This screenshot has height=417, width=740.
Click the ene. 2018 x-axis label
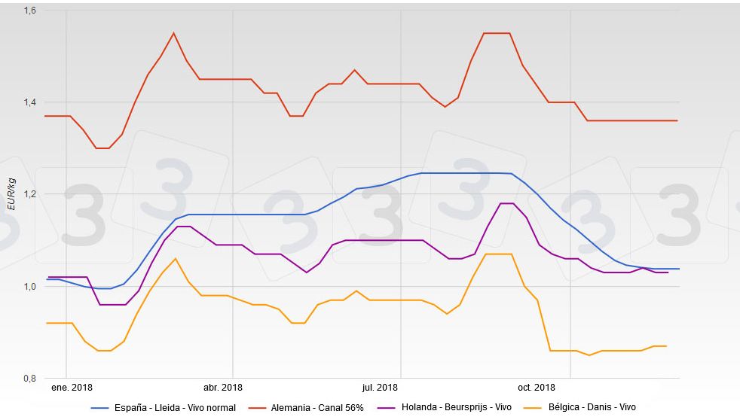72,388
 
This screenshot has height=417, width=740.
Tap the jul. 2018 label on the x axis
379,388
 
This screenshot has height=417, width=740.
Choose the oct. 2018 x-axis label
535,388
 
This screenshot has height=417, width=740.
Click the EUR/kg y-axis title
11,194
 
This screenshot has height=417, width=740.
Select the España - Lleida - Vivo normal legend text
175,408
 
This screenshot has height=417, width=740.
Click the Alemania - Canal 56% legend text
318,408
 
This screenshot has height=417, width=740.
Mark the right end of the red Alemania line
677,120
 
